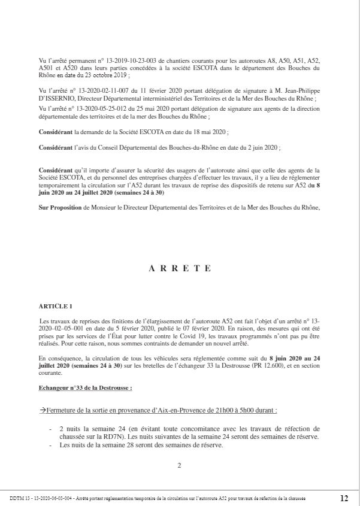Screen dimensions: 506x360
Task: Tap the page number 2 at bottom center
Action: pos(179,465)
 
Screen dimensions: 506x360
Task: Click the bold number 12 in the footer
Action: pos(344,498)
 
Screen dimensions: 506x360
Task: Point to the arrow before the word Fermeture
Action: pos(43,410)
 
